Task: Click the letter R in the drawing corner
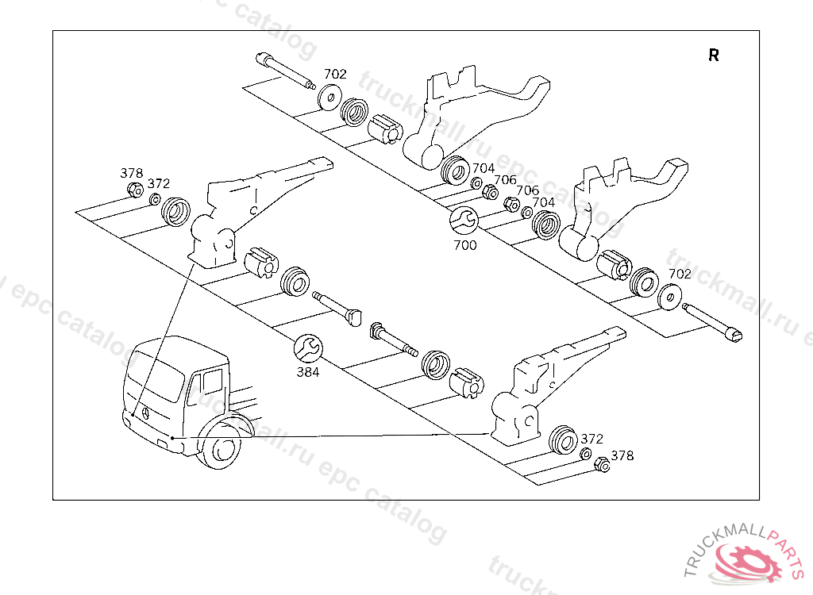714,56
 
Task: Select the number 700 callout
465,245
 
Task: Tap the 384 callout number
307,371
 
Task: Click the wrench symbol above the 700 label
463,220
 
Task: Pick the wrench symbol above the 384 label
307,347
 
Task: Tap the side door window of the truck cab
212,381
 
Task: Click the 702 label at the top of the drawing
335,74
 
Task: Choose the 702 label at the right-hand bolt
680,274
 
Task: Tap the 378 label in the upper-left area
131,173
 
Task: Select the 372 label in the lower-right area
592,439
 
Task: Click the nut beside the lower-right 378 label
601,465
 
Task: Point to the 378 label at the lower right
622,455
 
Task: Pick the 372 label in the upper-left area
159,184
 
